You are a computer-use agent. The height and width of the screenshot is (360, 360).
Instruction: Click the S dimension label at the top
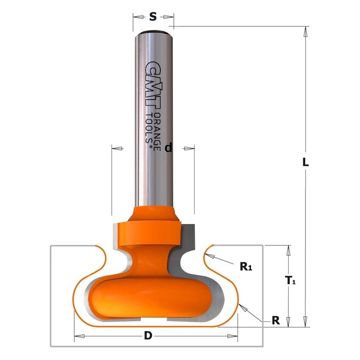153,16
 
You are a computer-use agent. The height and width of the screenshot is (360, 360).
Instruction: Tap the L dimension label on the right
305,162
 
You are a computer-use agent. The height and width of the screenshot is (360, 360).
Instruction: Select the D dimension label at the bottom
148,336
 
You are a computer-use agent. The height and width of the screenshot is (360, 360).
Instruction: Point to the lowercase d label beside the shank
168,148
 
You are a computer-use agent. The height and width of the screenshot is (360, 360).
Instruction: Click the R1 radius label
246,266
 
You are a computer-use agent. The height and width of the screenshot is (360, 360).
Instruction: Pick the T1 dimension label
290,280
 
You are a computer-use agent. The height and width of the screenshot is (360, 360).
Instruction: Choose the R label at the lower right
276,320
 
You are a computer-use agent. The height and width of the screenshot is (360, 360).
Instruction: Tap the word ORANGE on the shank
157,132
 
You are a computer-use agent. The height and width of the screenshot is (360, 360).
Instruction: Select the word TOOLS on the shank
149,128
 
